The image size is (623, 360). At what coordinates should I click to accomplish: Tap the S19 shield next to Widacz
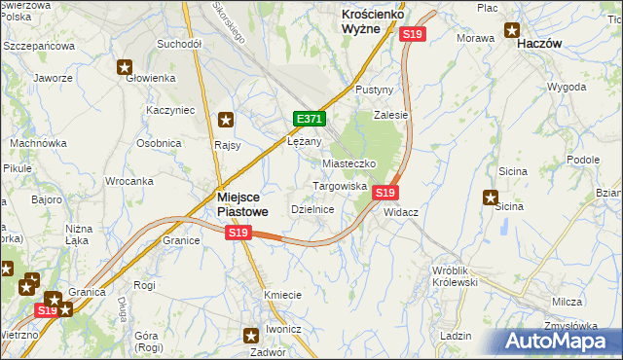coord(385,193)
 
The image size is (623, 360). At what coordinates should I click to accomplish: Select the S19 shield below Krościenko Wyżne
coord(413,34)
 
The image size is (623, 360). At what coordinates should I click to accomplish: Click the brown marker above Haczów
coord(512,28)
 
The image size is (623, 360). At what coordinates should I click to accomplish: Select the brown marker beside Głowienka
coord(126,67)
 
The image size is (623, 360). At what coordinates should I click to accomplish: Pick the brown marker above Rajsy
coord(226,121)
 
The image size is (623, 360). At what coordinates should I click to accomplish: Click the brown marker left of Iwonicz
coord(248,336)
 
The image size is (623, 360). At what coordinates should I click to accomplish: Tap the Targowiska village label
coord(339,186)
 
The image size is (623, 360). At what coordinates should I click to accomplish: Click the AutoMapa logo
coord(558,339)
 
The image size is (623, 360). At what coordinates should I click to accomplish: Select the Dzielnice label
coord(313,209)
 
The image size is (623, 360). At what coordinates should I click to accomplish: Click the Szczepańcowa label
coord(39,46)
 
